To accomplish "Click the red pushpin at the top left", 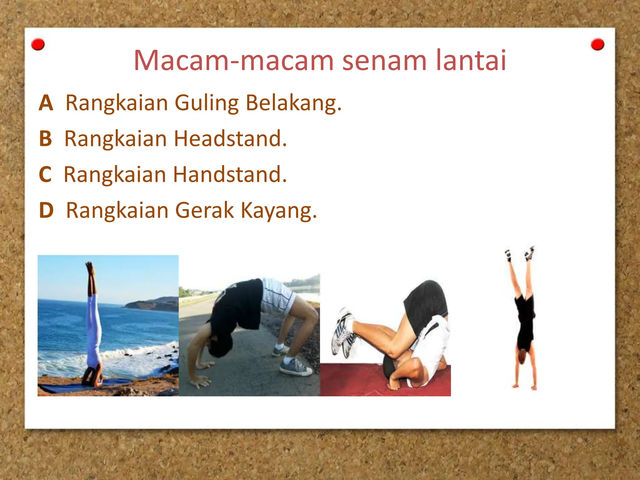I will click(x=38, y=45).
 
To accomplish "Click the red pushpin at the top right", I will click(x=597, y=45).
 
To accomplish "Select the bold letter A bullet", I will click(x=46, y=103).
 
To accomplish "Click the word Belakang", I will click(x=293, y=103).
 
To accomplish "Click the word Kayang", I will click(x=279, y=211).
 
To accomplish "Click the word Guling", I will click(x=207, y=103).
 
